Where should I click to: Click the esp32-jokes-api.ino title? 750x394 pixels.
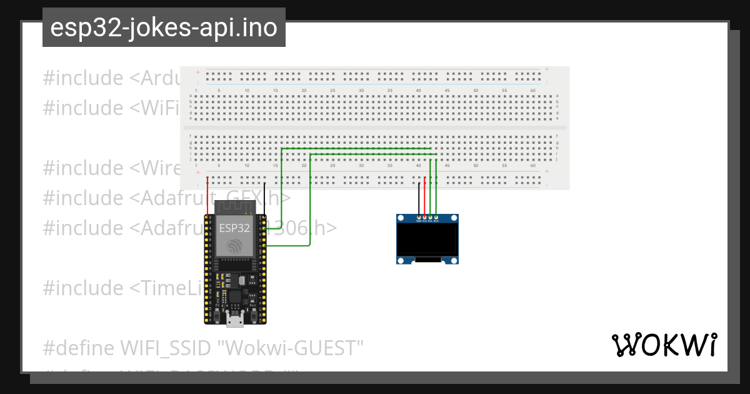click(x=164, y=28)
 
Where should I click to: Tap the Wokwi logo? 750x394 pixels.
click(x=664, y=345)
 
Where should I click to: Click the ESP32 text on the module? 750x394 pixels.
click(x=234, y=228)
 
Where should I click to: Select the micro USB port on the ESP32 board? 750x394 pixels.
click(x=235, y=321)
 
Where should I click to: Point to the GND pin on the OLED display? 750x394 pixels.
click(x=419, y=218)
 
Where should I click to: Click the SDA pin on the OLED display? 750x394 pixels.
click(x=436, y=218)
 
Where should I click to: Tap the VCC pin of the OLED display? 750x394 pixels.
click(x=424, y=218)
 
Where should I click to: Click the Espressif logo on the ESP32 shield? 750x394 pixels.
click(x=234, y=246)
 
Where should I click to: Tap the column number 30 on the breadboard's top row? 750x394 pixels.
click(x=361, y=91)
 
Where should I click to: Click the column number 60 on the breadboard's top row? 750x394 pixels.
click(x=532, y=91)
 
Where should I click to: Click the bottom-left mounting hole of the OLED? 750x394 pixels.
click(x=401, y=260)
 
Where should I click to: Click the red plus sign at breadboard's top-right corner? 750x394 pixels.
click(x=547, y=69)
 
